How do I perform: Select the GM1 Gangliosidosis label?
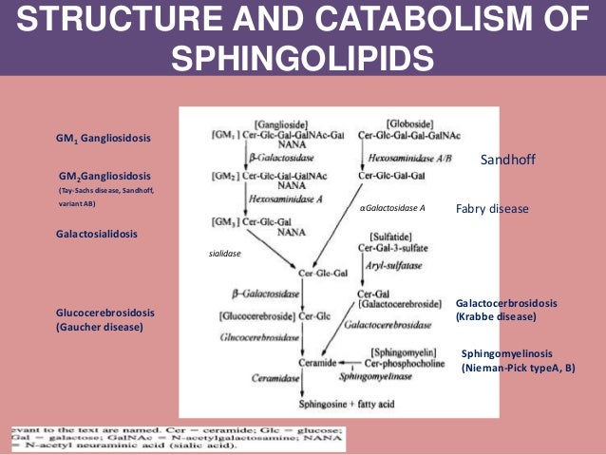click(104, 139)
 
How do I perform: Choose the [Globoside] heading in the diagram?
click(410, 123)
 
